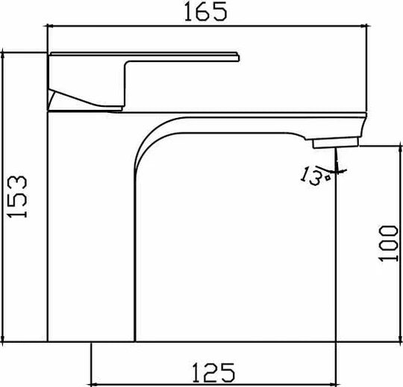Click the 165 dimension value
pyautogui.click(x=207, y=13)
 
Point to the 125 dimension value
pyautogui.click(x=213, y=370)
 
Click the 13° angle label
pyautogui.click(x=313, y=176)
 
